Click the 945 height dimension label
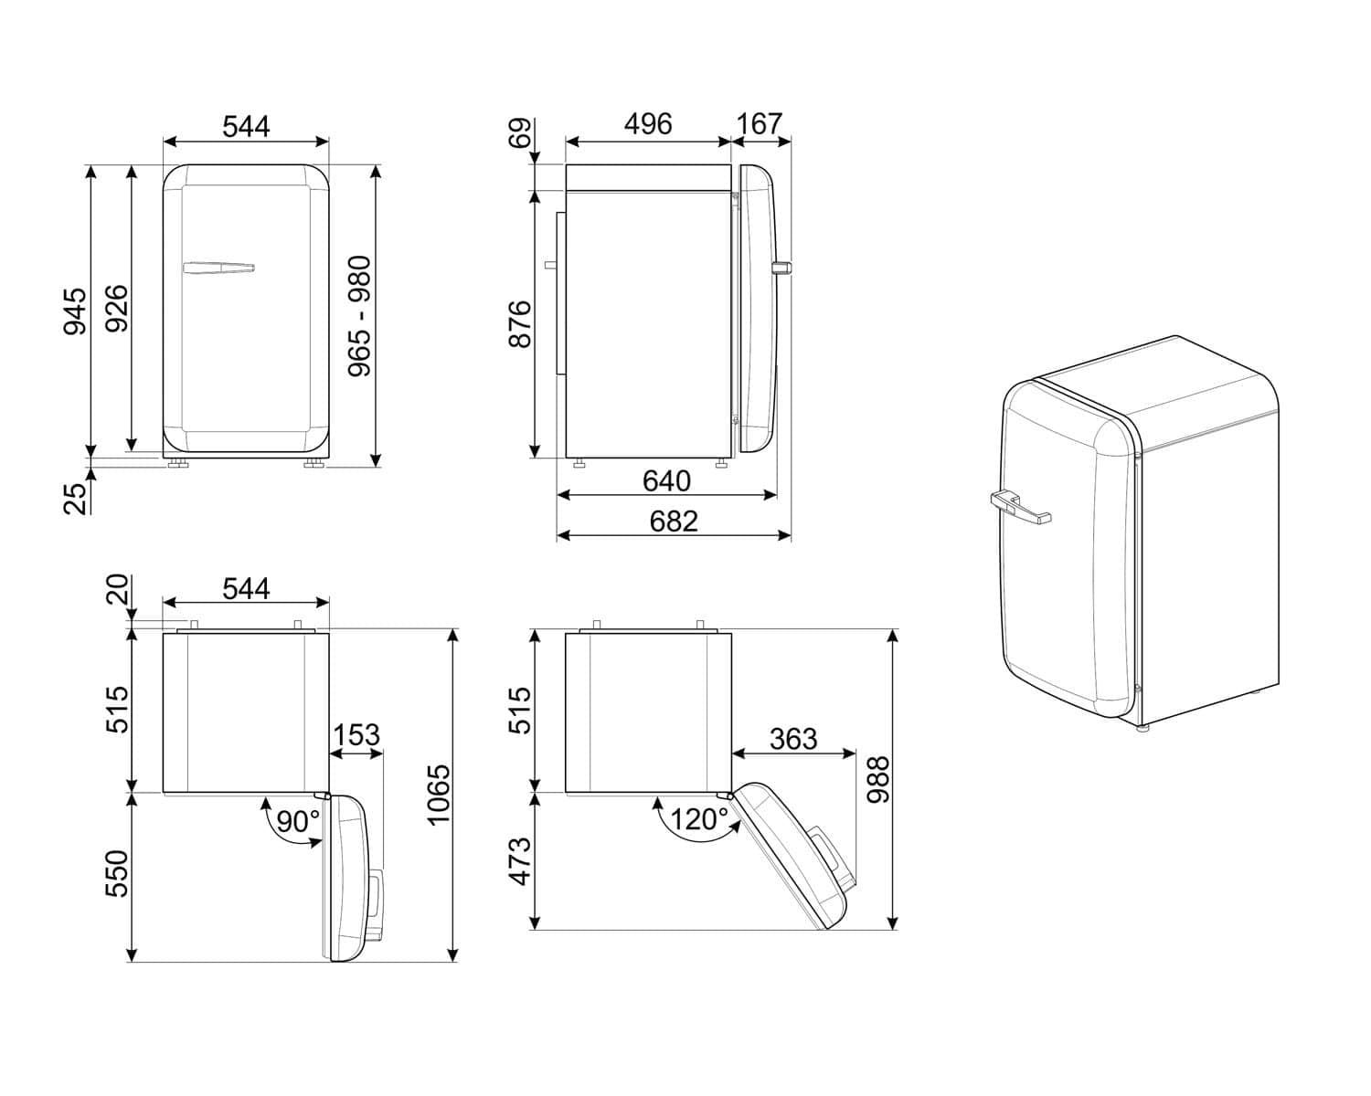75,311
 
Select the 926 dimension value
117,309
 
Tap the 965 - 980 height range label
359,316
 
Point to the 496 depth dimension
648,124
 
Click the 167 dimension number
759,124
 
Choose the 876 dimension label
520,324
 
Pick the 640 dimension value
666,480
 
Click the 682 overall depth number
674,522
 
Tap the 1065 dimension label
439,796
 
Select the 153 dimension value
356,735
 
